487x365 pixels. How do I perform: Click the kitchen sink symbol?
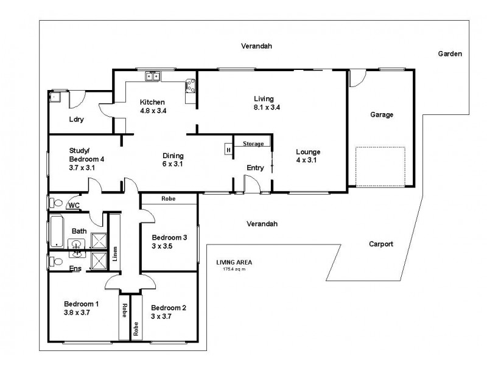coord(152,77)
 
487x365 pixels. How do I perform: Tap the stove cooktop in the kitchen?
coord(191,86)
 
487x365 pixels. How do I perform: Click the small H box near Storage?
coord(228,150)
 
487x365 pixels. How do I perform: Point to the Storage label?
coord(253,144)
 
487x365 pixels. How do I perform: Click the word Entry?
coord(255,168)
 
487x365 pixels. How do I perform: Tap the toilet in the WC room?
coord(55,202)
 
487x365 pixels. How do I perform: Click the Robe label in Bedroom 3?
coord(169,199)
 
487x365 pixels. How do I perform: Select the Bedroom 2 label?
coord(169,307)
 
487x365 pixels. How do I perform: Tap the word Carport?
coord(381,244)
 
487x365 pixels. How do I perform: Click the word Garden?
coord(450,54)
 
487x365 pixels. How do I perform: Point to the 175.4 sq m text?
coord(234,269)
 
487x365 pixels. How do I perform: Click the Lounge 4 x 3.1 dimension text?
coord(308,160)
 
